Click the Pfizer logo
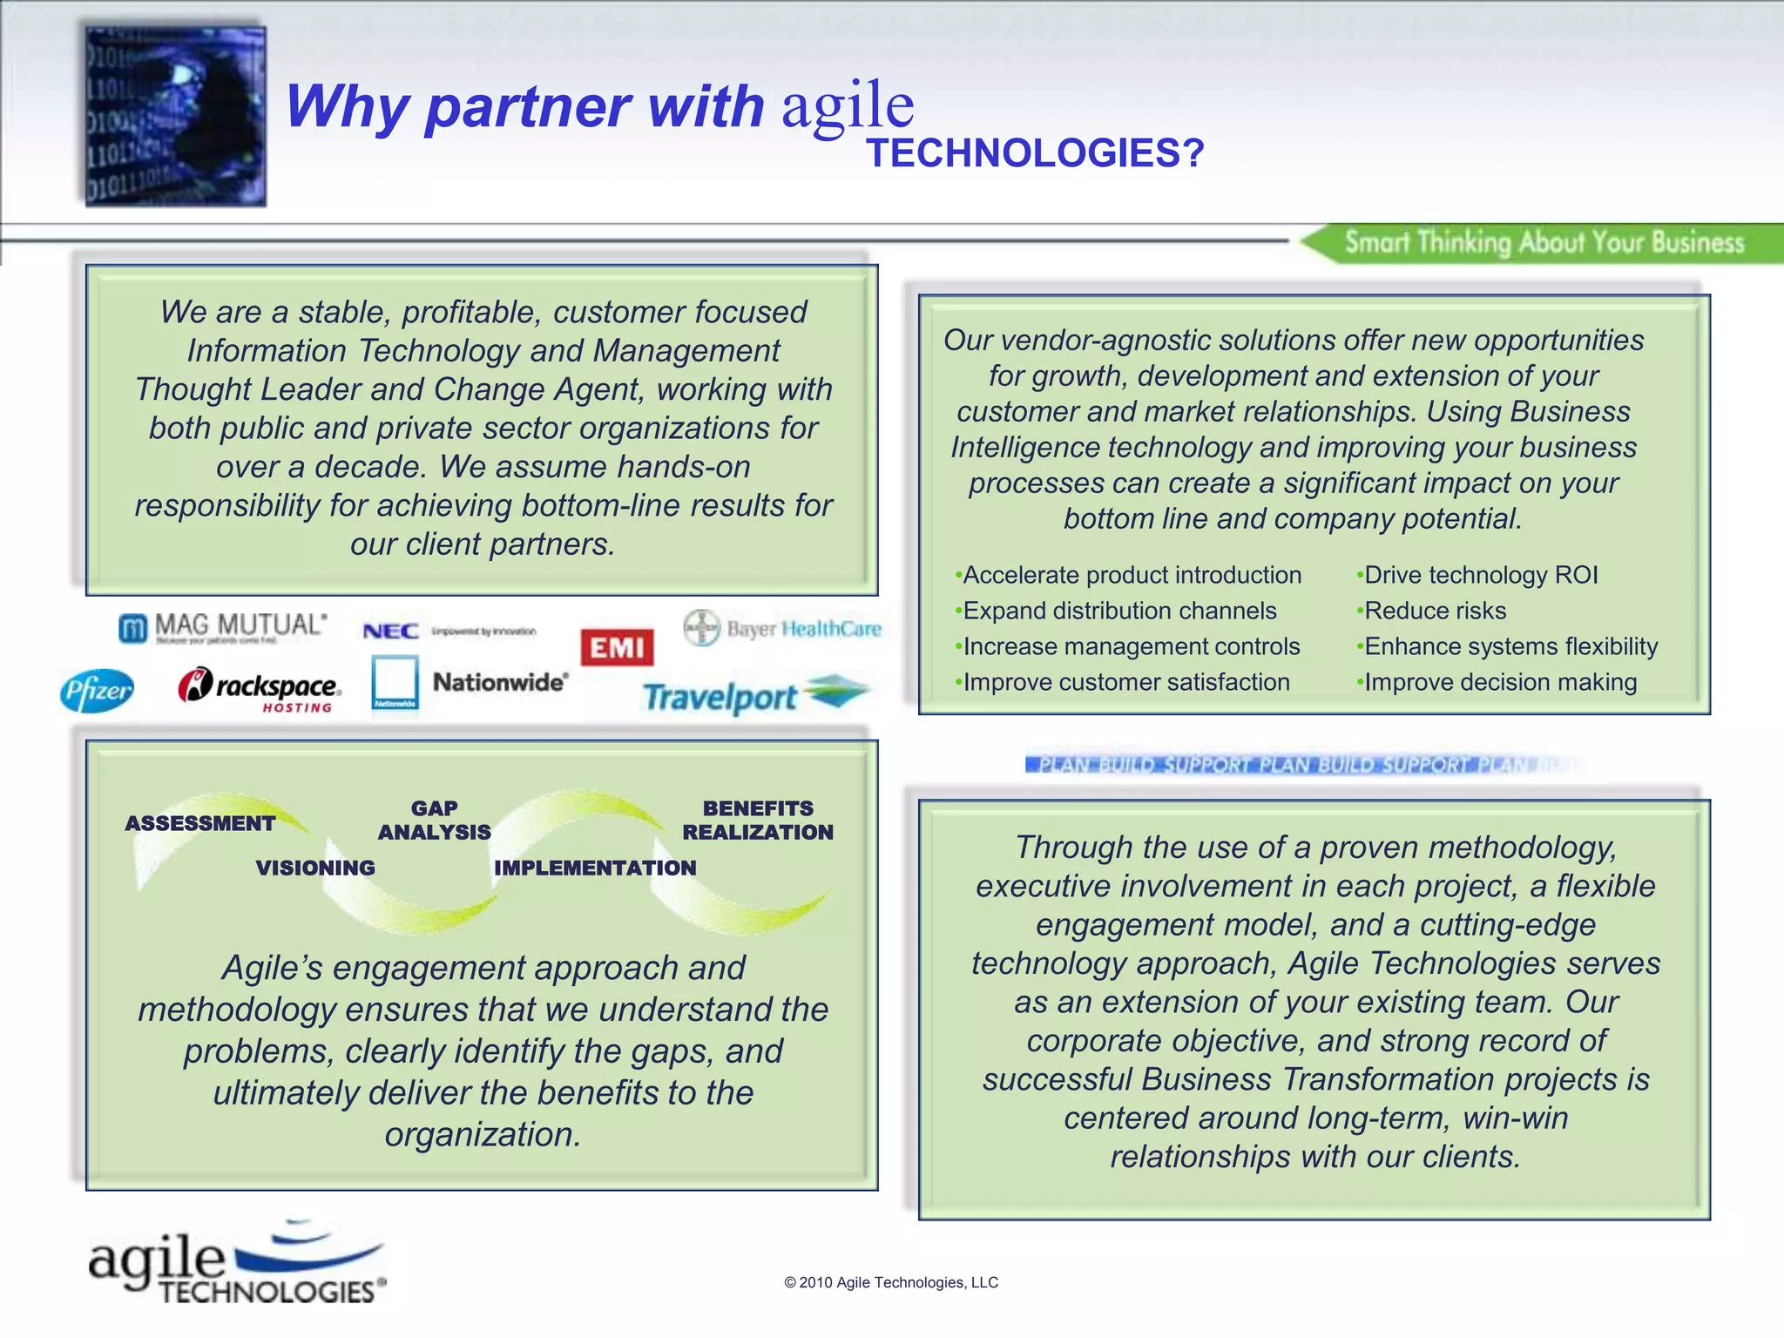(x=97, y=691)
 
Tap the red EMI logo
(x=617, y=647)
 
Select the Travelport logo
(x=754, y=696)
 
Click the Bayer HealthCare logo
(x=782, y=628)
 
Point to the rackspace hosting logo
(x=259, y=690)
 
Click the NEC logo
(x=391, y=631)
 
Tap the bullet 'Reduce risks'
(x=1434, y=611)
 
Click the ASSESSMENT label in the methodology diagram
(x=200, y=823)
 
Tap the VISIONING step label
(x=315, y=868)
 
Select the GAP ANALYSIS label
(x=435, y=821)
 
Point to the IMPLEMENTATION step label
(x=595, y=868)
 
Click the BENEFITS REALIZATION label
(x=758, y=821)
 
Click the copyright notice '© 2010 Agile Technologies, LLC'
(x=891, y=1282)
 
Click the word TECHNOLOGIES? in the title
(x=1035, y=153)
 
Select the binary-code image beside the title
(x=175, y=117)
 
